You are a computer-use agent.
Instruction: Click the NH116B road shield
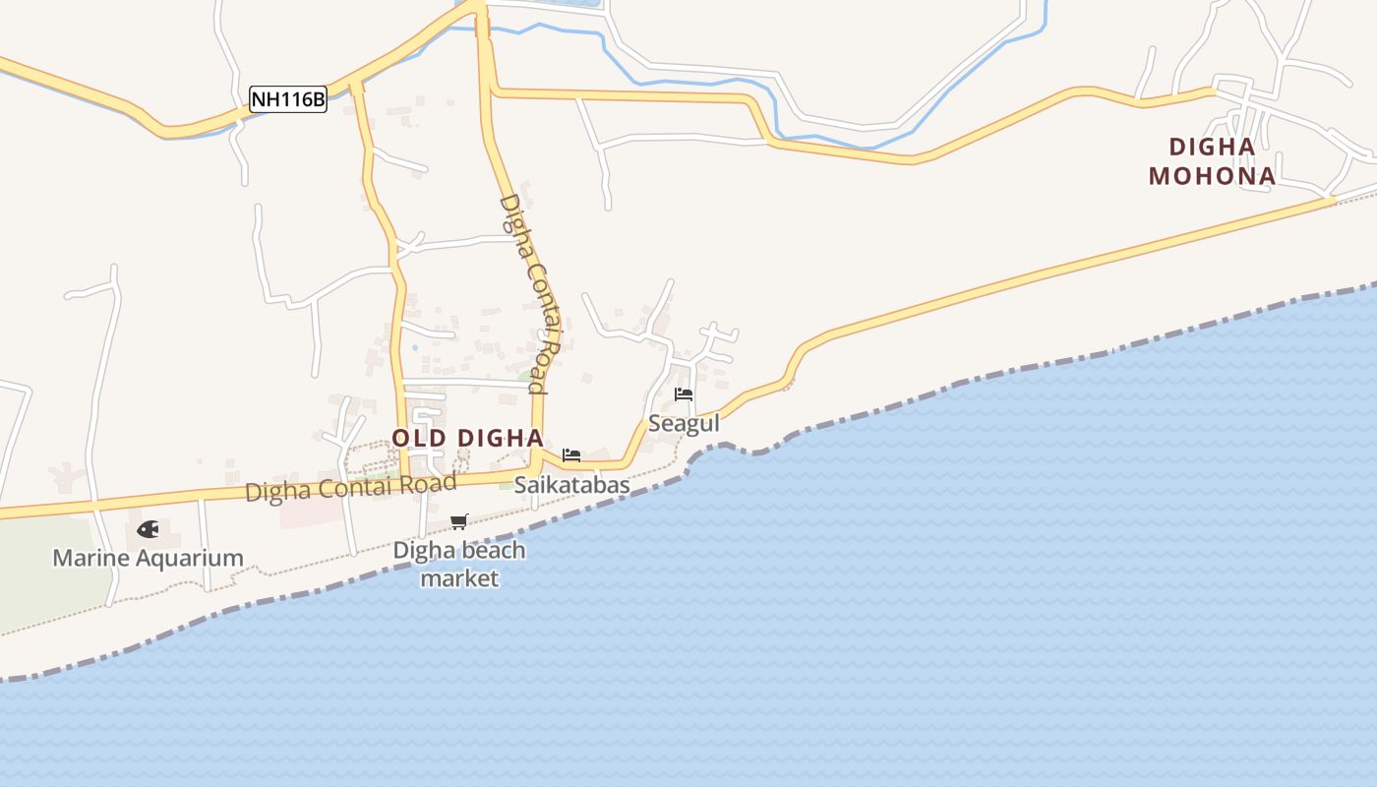coord(287,99)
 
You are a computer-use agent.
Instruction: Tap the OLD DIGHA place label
coord(467,438)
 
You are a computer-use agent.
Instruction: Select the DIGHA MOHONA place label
coord(1212,162)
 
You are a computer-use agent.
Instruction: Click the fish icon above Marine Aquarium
coord(148,529)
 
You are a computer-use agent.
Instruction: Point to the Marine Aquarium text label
coord(148,558)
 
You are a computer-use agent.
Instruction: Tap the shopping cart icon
coord(458,521)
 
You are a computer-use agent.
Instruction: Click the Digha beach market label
coord(459,564)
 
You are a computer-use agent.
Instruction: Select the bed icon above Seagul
coord(684,394)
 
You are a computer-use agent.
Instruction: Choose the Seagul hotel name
coord(684,423)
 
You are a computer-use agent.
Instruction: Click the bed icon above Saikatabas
coord(571,454)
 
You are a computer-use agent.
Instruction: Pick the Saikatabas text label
coord(571,485)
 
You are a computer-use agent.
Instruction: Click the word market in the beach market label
coord(459,577)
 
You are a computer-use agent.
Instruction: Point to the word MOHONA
coord(1212,176)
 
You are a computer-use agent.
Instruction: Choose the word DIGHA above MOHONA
coord(1212,148)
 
